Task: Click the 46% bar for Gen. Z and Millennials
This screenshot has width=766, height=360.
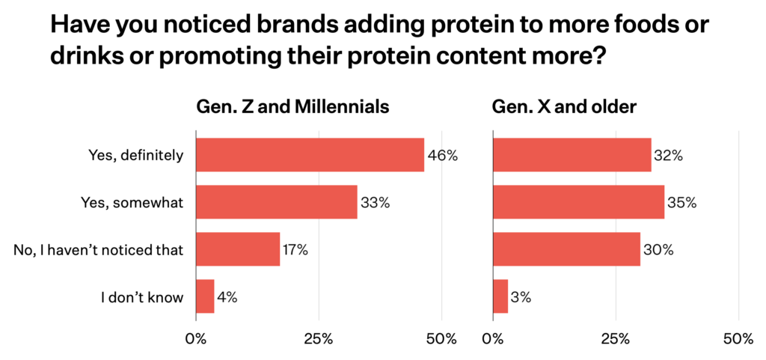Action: (x=310, y=156)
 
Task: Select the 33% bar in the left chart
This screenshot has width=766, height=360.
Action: (x=277, y=202)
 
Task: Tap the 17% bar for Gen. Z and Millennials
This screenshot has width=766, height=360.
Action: (x=238, y=249)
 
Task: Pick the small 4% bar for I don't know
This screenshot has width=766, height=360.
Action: (x=206, y=296)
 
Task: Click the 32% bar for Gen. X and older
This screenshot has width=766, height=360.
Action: (x=572, y=156)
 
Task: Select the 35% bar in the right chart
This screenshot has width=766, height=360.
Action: (x=579, y=202)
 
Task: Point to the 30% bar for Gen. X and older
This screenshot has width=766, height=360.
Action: (x=567, y=249)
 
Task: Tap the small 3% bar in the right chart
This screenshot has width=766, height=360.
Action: (x=501, y=296)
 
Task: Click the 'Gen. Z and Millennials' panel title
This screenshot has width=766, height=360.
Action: (x=292, y=107)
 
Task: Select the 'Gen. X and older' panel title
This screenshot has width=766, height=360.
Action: (x=564, y=107)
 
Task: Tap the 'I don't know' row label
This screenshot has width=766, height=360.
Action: (x=142, y=296)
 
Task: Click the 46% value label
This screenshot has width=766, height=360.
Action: (x=442, y=156)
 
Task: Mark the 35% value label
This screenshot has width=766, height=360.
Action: (x=682, y=202)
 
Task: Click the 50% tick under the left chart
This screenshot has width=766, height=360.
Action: (x=441, y=339)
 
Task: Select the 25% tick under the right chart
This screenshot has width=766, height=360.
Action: (x=616, y=339)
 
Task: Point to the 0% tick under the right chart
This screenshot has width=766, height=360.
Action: (x=493, y=339)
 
